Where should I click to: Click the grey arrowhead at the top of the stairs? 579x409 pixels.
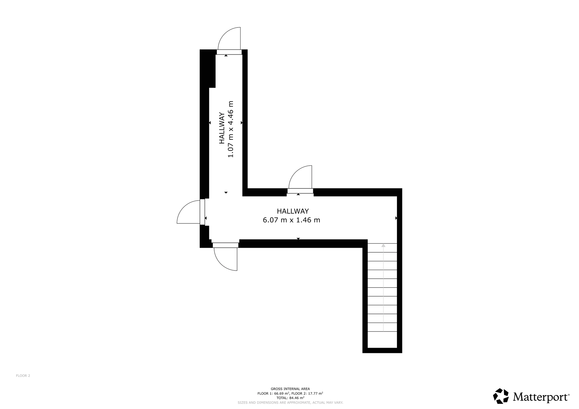pos(383,245)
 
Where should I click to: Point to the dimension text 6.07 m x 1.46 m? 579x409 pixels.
pos(292,220)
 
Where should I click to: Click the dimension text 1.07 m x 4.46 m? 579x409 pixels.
pos(230,129)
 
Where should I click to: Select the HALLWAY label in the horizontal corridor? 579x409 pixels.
pos(293,211)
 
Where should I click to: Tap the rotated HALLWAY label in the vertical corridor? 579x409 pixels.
pos(222,128)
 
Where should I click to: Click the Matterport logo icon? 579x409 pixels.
pos(501,396)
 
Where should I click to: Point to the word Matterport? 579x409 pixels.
pos(540,397)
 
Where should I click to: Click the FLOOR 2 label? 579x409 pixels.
pos(23,376)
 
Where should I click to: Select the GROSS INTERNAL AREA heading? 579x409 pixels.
pos(290,389)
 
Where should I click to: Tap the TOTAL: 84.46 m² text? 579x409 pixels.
pos(290,398)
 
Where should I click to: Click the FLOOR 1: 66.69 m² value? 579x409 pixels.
pos(274,393)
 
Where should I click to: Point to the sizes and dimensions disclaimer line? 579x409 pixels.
pos(290,402)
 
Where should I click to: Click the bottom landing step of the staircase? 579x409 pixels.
pos(382,340)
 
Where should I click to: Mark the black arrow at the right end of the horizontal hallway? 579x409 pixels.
pos(396,218)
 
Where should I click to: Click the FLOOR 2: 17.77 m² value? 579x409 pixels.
pos(307,393)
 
